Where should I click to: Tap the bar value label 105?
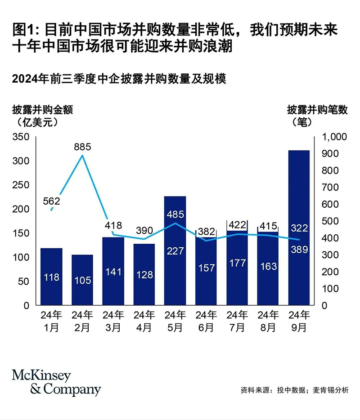click(82, 280)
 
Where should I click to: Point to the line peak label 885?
click(83, 147)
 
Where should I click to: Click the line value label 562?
click(51, 201)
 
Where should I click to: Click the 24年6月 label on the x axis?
click(206, 321)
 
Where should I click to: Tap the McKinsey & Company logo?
click(56, 383)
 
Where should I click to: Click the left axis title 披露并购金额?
click(42, 109)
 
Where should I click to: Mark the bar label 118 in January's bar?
click(51, 277)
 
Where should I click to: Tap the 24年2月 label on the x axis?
click(82, 321)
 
